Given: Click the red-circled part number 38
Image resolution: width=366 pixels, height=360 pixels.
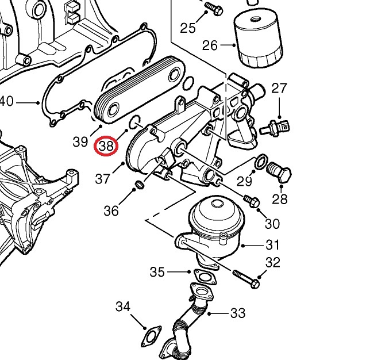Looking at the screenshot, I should click(x=106, y=145).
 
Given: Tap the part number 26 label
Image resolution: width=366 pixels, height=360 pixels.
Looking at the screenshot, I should click(x=210, y=45).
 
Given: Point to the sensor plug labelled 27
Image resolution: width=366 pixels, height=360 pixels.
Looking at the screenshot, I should click(x=278, y=125).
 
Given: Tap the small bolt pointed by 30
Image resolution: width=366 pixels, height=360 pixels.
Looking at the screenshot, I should click(x=252, y=201).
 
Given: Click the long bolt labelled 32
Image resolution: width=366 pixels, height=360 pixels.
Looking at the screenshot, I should click(x=246, y=279).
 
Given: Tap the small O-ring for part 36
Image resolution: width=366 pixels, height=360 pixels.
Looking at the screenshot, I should click(x=138, y=185).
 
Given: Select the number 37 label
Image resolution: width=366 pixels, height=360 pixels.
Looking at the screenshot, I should click(x=103, y=179).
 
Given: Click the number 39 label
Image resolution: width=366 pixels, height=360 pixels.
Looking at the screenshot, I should click(x=80, y=141).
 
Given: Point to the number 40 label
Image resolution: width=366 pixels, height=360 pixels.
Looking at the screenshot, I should click(x=6, y=102).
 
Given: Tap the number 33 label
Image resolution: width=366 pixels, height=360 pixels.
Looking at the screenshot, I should click(x=237, y=313).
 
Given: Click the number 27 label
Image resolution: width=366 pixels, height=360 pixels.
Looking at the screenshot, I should click(x=279, y=88).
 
